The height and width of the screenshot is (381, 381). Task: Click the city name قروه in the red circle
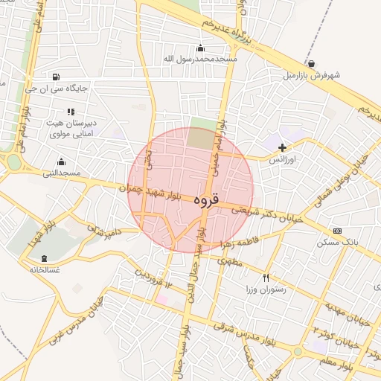click(x=205, y=201)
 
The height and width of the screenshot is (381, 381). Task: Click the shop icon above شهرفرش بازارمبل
click(x=310, y=64)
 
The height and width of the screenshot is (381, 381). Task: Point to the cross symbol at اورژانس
click(x=281, y=148)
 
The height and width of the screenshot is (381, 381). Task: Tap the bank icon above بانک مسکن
click(x=337, y=231)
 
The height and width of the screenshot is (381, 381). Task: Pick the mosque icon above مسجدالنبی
click(x=61, y=161)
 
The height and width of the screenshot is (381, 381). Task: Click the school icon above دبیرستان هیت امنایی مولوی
click(x=71, y=112)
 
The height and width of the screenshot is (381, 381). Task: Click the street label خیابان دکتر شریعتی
click(x=271, y=214)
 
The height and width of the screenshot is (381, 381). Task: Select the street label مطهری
click(x=231, y=262)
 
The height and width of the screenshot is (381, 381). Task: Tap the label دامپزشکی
click(x=103, y=232)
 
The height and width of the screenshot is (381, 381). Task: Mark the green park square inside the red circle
click(x=199, y=138)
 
